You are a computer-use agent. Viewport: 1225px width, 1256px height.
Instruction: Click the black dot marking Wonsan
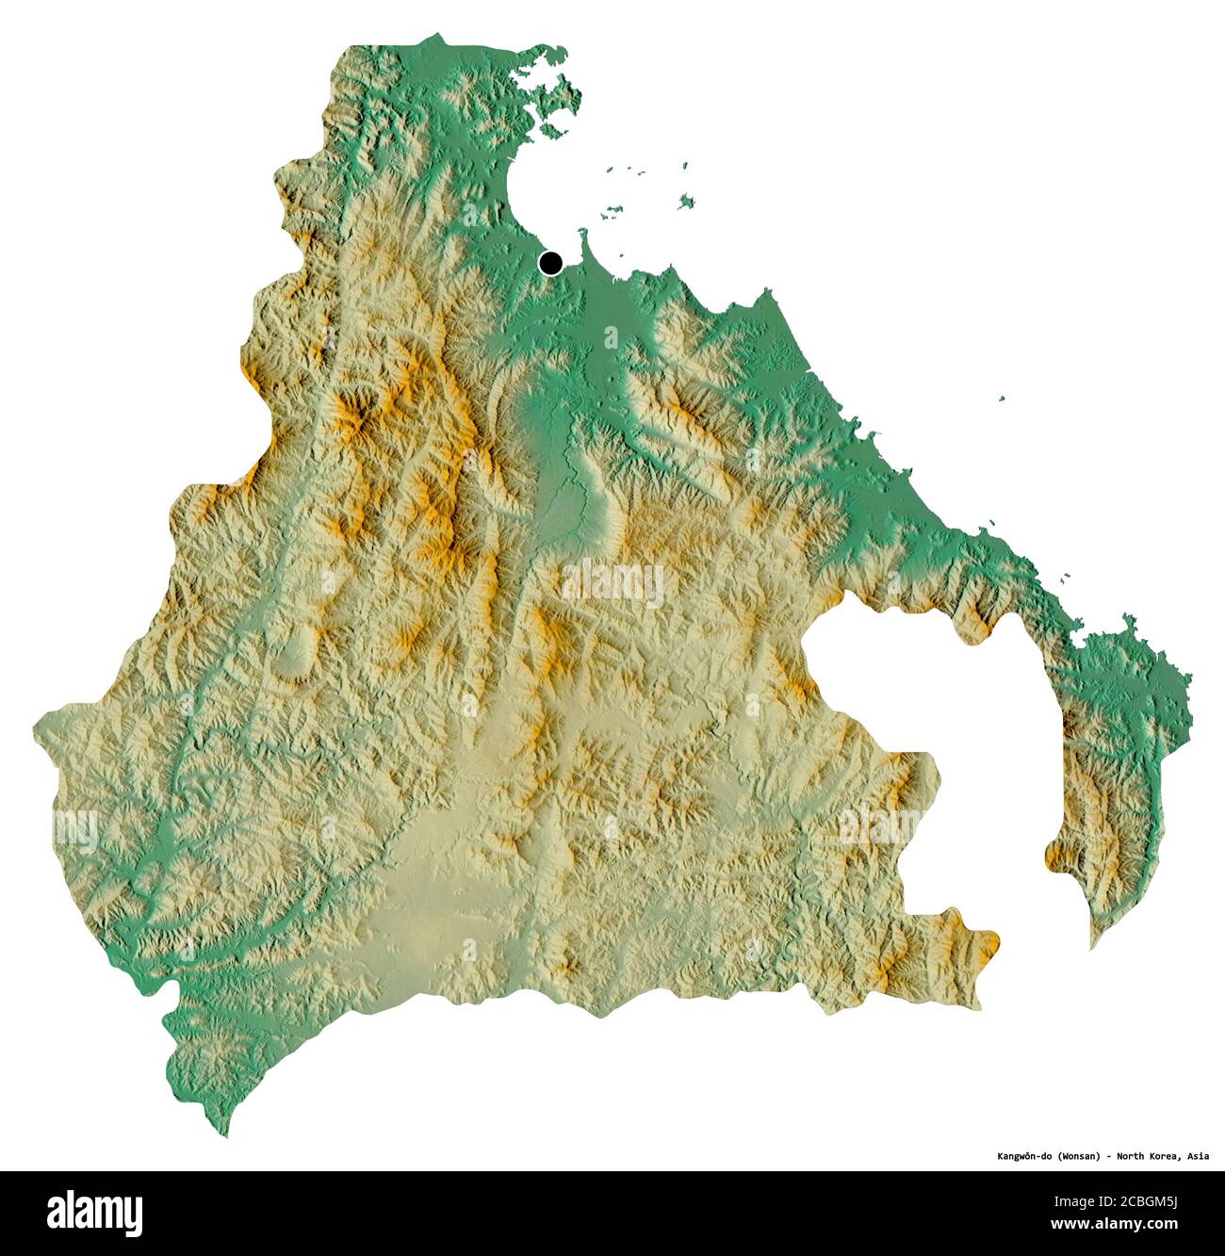[550, 263]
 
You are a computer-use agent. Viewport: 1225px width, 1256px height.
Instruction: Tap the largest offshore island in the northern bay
[686, 201]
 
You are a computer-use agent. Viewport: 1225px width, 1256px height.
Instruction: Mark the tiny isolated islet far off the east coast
[1003, 399]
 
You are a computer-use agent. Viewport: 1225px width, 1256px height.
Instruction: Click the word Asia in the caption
[1198, 1156]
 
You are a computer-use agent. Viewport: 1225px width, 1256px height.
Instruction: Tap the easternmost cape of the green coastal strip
[1189, 683]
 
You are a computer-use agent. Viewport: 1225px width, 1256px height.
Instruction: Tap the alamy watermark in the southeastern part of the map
[876, 825]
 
